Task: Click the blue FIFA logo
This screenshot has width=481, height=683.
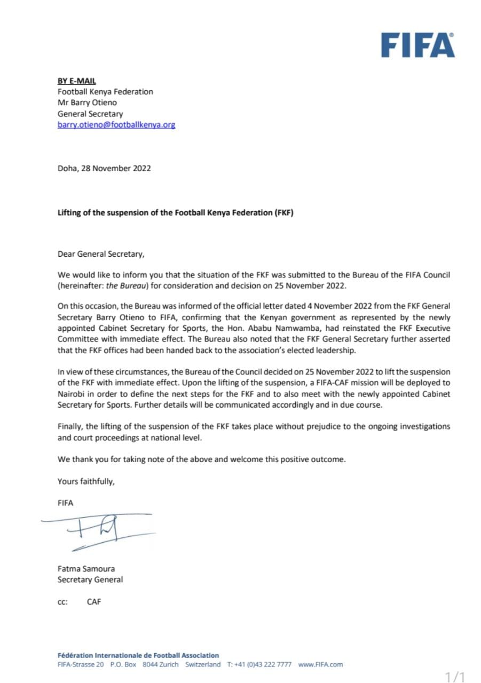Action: tap(417, 45)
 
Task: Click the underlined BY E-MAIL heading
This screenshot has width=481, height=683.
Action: tap(76, 81)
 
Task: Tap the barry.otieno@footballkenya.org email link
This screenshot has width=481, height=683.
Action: tap(116, 125)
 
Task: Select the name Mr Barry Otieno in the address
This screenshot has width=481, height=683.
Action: tap(86, 102)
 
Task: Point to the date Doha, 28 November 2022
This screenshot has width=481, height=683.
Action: tap(104, 169)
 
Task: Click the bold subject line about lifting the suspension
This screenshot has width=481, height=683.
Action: tap(176, 212)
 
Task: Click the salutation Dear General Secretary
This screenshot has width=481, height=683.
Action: tap(101, 254)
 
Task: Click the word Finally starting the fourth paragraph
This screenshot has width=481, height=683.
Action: tap(70, 426)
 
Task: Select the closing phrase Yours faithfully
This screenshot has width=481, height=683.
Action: tap(86, 481)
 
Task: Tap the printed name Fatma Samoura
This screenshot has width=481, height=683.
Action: tap(86, 569)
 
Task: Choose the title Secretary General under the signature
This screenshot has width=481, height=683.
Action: tap(90, 579)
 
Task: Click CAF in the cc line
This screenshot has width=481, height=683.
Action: tap(94, 602)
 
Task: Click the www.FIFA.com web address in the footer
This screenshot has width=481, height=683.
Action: tap(320, 665)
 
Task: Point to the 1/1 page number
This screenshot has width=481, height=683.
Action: tap(455, 677)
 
